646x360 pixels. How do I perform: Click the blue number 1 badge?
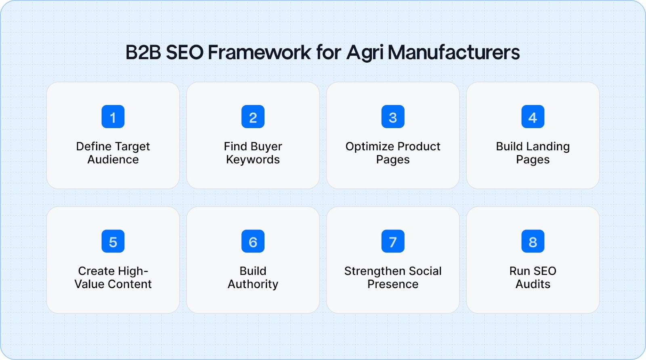point(113,117)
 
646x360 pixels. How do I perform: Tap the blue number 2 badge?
point(253,117)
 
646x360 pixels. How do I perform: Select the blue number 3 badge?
point(393,117)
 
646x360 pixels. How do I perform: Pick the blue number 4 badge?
point(533,117)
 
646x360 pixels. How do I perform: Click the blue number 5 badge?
point(113,241)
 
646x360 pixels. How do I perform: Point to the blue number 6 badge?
point(253,241)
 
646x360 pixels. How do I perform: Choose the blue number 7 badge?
point(393,241)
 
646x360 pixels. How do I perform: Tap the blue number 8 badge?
point(533,241)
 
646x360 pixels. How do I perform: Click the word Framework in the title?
point(259,53)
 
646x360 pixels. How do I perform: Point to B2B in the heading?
point(143,53)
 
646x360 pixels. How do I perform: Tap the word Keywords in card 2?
point(253,160)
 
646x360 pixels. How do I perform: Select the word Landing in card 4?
point(548,147)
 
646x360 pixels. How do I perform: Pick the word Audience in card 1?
point(113,160)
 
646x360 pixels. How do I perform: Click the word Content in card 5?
point(130,284)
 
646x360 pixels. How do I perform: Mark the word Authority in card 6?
point(253,284)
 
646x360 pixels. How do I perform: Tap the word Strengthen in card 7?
point(371,271)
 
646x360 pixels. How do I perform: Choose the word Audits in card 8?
point(533,284)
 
